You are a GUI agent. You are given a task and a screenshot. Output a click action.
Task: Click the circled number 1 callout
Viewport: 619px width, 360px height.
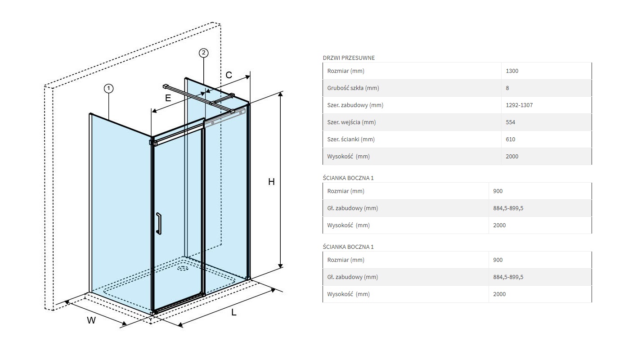pos(108,88)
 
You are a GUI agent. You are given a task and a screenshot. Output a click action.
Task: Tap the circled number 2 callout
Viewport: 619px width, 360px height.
pos(203,53)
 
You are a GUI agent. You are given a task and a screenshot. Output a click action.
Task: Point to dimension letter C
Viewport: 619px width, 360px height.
pos(229,75)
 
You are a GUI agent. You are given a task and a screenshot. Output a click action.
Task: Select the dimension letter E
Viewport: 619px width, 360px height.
pos(168,98)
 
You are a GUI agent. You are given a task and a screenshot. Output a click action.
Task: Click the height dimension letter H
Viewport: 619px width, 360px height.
pos(271,182)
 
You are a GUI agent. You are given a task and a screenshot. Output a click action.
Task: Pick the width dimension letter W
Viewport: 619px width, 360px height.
pos(91,320)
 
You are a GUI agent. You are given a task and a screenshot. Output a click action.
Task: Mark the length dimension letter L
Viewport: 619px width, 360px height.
pos(234,312)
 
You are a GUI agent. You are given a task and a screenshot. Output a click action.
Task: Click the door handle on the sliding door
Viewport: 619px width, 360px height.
pos(158,224)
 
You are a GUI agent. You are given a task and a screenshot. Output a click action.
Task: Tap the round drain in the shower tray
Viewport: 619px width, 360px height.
pos(183,269)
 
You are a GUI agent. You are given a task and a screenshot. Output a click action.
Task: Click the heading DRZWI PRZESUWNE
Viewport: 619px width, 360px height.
pos(349,58)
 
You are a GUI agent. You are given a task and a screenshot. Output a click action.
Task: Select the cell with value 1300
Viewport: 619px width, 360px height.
pos(512,71)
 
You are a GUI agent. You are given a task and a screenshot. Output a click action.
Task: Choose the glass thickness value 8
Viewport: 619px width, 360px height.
pos(507,88)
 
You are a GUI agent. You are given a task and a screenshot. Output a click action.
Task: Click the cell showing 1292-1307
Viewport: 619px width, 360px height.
pos(519,105)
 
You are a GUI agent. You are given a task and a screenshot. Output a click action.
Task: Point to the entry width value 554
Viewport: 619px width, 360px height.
pos(510,122)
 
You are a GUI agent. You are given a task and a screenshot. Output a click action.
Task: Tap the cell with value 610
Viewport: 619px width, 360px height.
pos(510,139)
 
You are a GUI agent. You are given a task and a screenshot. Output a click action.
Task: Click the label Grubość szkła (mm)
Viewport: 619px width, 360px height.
pos(353,88)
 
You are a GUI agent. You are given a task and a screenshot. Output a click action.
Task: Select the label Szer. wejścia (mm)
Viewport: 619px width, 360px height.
pos(351,122)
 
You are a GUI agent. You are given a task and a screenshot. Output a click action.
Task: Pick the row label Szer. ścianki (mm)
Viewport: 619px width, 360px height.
pos(351,139)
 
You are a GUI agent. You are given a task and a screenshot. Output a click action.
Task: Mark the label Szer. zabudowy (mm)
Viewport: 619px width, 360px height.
pos(355,105)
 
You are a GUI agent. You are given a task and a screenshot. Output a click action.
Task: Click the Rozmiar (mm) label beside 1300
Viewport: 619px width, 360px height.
pos(345,71)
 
